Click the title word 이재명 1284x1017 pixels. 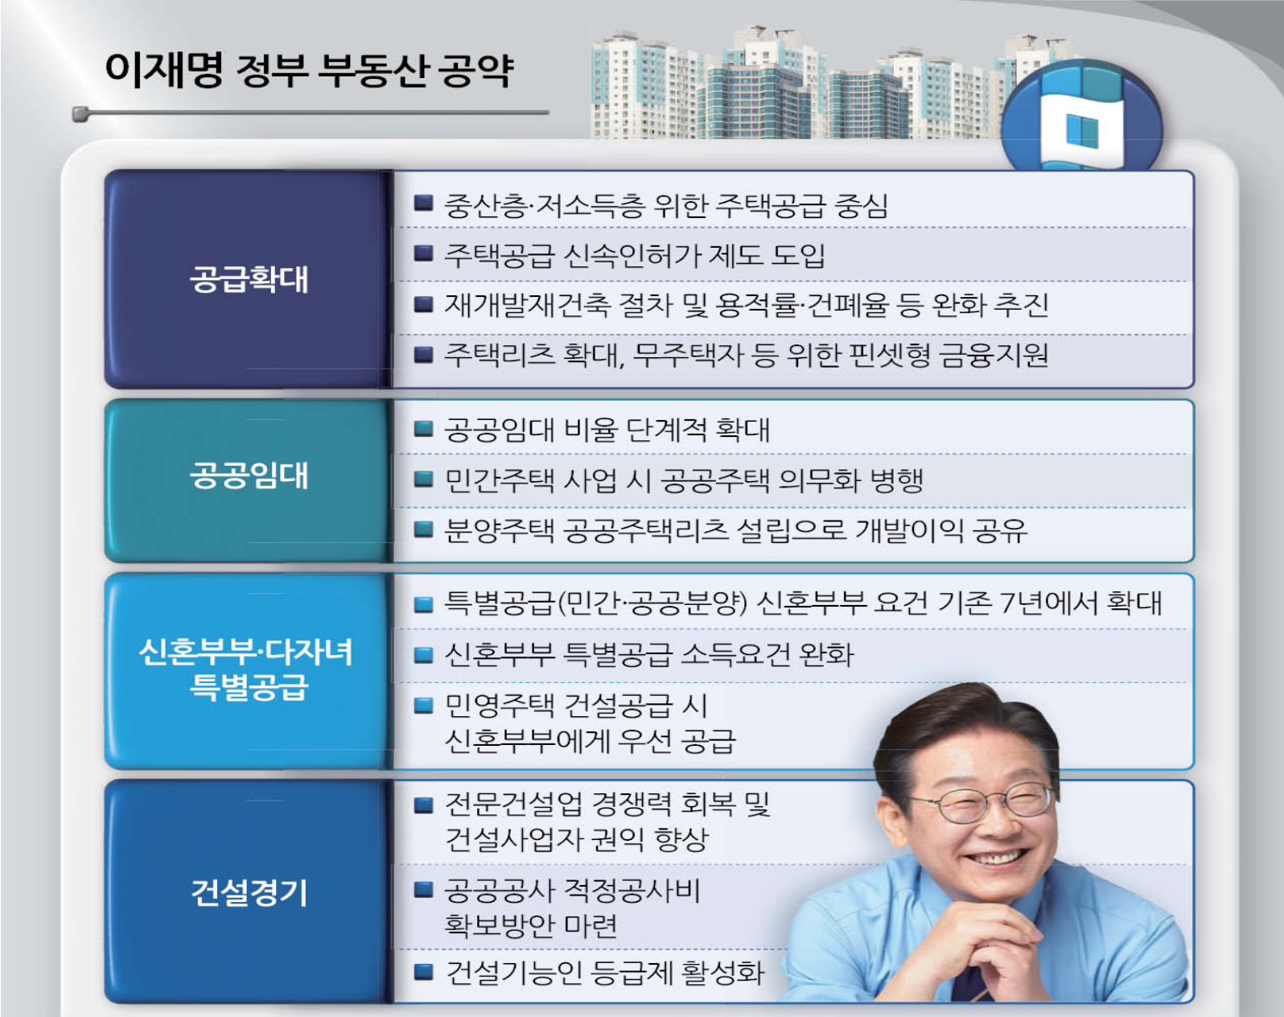pyautogui.click(x=164, y=70)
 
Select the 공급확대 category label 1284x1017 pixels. pyautogui.click(x=249, y=279)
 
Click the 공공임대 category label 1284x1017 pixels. pyautogui.click(x=249, y=476)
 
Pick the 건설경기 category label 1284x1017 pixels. pyautogui.click(x=249, y=893)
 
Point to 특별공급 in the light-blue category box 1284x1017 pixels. pyautogui.click(x=249, y=686)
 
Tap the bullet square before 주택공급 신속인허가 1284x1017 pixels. pyautogui.click(x=423, y=253)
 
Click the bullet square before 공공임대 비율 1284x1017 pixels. pyautogui.click(x=423, y=429)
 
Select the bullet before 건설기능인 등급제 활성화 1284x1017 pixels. pyautogui.click(x=423, y=972)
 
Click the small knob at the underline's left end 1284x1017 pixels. pyautogui.click(x=80, y=113)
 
